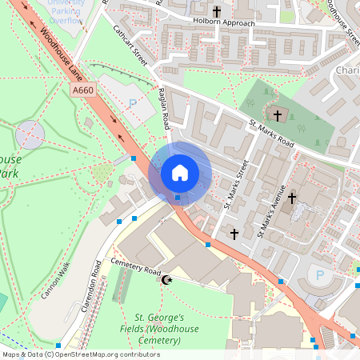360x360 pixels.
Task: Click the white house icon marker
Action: pos(179,172)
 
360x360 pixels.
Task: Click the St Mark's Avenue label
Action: pos(270,212)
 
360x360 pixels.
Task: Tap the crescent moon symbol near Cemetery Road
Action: pos(167,279)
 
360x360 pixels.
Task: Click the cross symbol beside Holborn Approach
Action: pos(217,11)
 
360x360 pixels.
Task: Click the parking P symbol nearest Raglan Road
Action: pos(133,102)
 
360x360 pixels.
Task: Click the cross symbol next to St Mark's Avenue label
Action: pos(292,198)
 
